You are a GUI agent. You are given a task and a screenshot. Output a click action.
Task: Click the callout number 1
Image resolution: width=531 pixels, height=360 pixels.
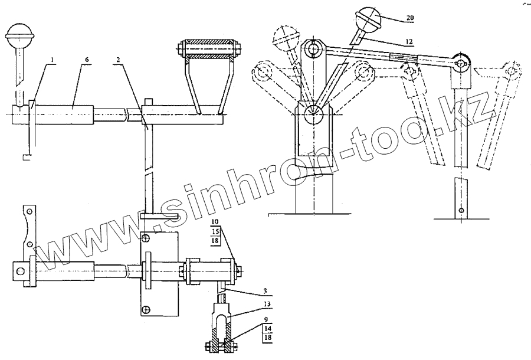(x=53, y=59)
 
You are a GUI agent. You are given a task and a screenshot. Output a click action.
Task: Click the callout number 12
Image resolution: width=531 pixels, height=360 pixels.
(x=409, y=41)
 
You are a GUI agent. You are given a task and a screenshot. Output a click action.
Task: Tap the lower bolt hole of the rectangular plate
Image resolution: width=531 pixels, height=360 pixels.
(x=145, y=308)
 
